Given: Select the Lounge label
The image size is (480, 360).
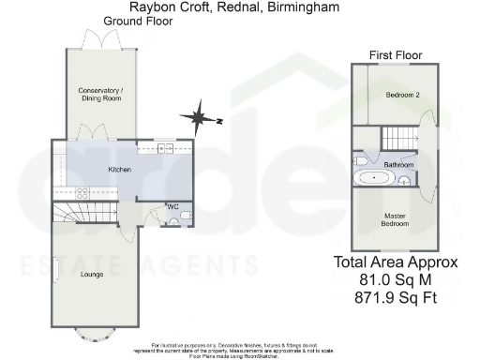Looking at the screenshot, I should (93, 274).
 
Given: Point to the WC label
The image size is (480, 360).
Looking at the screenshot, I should (172, 206).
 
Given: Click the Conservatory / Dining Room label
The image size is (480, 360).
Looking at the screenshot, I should (100, 97).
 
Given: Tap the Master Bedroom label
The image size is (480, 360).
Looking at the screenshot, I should (395, 220).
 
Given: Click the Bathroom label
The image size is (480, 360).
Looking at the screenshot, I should (398, 164).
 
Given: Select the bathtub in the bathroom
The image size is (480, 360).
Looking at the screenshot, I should (374, 176).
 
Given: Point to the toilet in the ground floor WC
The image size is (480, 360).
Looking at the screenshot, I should (185, 216).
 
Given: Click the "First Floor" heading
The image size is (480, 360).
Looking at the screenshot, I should (394, 55).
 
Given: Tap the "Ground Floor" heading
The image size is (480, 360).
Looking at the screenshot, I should (139, 20).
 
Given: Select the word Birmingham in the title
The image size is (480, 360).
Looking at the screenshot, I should (305, 7).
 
